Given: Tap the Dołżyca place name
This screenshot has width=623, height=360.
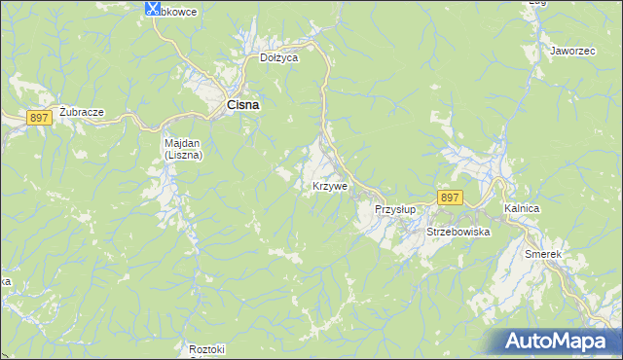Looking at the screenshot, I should [x=278, y=58].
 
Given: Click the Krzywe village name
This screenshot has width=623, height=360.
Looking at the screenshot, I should [x=330, y=186].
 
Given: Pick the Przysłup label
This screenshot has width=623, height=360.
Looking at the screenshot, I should [x=395, y=209].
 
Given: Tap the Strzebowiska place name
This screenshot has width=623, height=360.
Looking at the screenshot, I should [x=458, y=233].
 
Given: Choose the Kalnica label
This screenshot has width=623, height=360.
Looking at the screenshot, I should [x=522, y=209].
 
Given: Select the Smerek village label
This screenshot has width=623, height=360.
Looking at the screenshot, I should [x=543, y=254].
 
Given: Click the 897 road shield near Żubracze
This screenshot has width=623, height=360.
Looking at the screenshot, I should [x=39, y=118].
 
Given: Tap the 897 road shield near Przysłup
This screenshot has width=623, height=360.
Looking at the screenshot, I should [x=449, y=198].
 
